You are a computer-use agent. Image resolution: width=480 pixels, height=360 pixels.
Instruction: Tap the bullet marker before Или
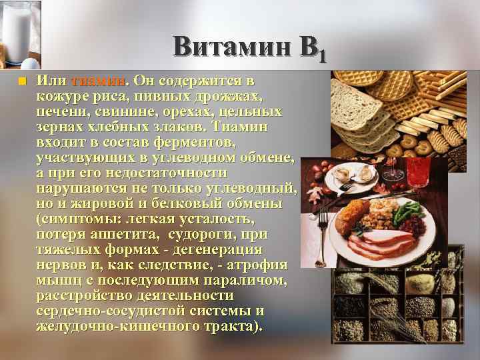(x=21, y=81)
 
